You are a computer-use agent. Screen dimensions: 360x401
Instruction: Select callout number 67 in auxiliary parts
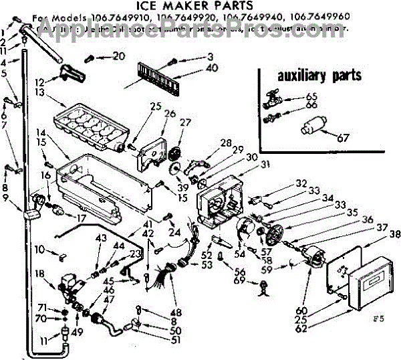click(343, 139)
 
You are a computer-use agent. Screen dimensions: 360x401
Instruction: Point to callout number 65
click(311, 96)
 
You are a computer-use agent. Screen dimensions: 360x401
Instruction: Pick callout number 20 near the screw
click(119, 56)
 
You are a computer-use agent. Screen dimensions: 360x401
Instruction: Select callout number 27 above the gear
click(184, 122)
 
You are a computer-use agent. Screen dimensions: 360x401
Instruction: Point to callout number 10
click(40, 250)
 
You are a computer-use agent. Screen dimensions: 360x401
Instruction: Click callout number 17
click(82, 217)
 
